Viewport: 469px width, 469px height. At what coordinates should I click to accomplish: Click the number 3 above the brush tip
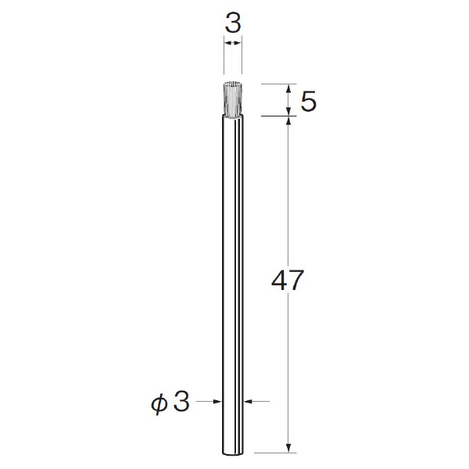233,23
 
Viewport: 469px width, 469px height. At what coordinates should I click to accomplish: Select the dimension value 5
309,102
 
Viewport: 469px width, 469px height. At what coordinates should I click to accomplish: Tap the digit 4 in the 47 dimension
279,280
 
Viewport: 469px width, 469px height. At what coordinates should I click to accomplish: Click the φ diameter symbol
159,403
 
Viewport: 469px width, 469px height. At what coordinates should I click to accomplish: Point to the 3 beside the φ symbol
181,402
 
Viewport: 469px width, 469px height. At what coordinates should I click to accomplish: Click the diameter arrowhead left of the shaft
217,402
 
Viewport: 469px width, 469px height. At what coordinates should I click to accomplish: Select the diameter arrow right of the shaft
256,402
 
